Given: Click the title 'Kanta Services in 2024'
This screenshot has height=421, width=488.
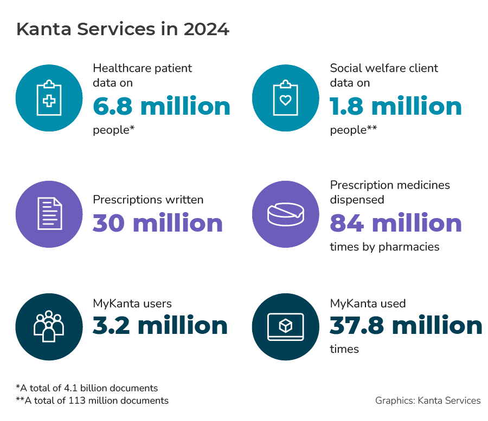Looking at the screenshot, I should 123,29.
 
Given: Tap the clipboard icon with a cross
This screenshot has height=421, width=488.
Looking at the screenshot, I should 49,98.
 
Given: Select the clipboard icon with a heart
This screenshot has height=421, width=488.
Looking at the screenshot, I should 286,98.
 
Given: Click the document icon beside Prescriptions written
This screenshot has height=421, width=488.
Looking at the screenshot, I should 49,214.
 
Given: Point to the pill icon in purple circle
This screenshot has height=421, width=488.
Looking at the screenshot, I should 286,214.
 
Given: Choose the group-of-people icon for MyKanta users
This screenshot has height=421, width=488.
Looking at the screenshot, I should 49,326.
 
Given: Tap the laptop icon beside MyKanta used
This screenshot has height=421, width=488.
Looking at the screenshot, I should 286,326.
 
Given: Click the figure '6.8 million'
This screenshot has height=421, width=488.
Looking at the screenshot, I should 162,107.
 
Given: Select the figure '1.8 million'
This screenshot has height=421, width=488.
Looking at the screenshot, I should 396,107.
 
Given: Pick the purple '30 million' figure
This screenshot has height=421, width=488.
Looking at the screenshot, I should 158,223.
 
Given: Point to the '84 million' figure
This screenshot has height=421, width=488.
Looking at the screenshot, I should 396,223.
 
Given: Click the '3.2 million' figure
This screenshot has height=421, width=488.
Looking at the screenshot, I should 160,325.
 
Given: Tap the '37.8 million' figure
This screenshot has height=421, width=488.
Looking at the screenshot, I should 406,325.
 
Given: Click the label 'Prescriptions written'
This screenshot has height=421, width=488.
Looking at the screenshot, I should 148,200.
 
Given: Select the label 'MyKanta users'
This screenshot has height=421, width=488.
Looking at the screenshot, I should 132,304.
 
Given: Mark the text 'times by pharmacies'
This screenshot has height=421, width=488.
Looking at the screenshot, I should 384,247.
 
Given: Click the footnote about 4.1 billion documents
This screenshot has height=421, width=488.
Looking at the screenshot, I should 87,388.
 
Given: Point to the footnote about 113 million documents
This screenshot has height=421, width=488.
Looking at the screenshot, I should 92,400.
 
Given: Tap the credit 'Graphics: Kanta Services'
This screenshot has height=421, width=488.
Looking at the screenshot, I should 428,400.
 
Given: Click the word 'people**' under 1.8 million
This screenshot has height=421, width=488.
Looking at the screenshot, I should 353,130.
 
